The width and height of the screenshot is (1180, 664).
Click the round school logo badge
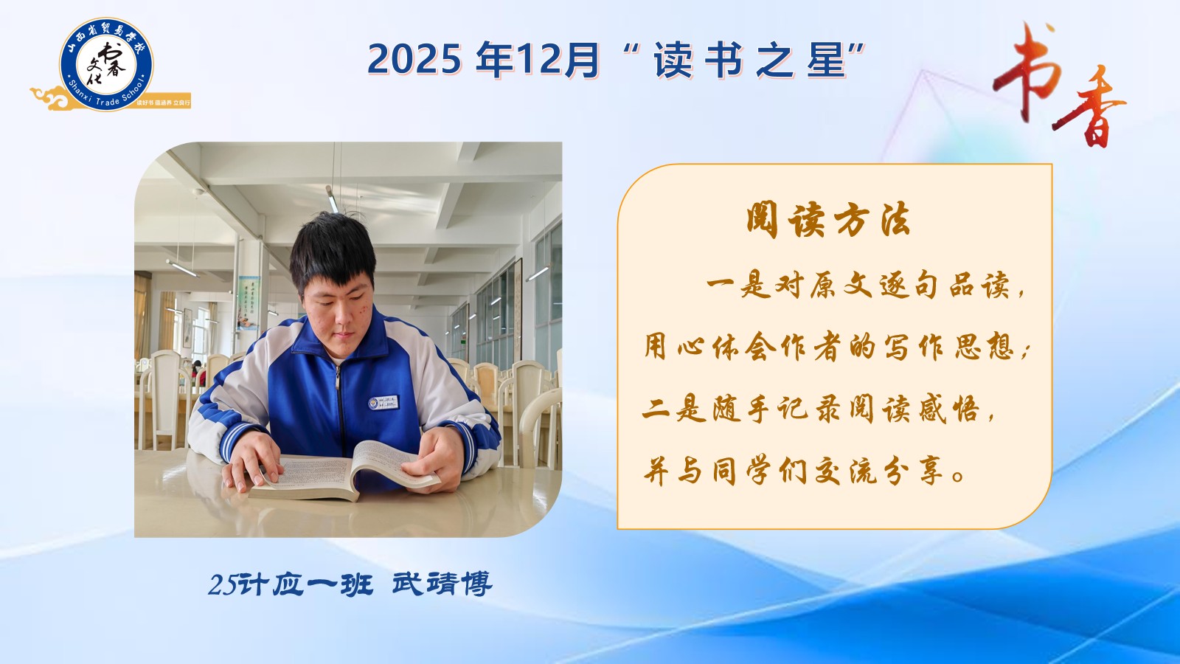pyautogui.click(x=106, y=64)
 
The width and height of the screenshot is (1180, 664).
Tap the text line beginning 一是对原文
pyautogui.click(x=866, y=287)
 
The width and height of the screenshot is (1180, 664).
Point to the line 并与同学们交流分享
pyautogui.click(x=805, y=470)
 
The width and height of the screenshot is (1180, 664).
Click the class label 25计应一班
pyautogui.click(x=291, y=584)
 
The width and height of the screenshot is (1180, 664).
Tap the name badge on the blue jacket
pyautogui.click(x=383, y=403)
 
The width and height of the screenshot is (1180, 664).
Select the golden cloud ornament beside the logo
pyautogui.click(x=50, y=98)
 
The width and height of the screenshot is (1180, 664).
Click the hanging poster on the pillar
pyautogui.click(x=248, y=303)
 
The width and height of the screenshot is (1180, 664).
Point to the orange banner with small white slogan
pyautogui.click(x=163, y=103)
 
